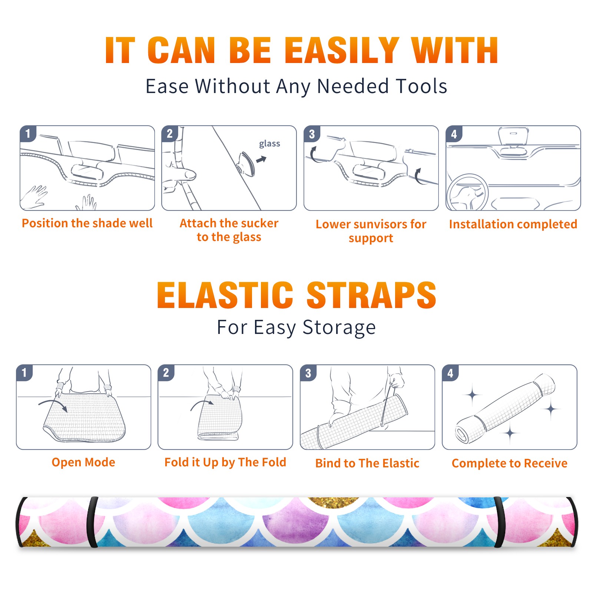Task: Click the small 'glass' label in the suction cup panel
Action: click(269, 144)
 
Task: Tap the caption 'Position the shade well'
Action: click(87, 223)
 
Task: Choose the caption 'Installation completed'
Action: click(513, 224)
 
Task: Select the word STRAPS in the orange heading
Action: click(371, 295)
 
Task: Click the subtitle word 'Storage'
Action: click(339, 328)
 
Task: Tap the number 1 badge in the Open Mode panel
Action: click(24, 373)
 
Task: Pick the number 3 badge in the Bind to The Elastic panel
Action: click(308, 373)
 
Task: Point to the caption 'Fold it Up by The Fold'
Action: click(225, 462)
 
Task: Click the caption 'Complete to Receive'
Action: click(510, 463)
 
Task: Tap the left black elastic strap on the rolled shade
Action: click(92, 522)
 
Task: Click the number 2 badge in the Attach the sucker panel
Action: click(170, 134)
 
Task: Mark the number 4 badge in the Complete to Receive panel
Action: click(450, 373)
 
